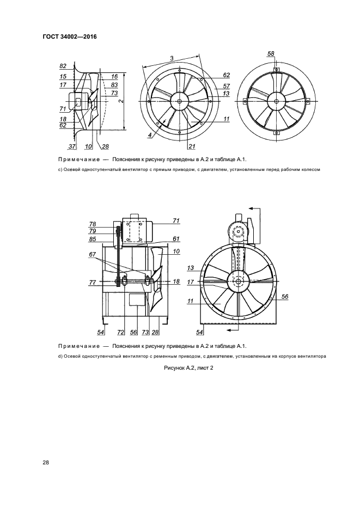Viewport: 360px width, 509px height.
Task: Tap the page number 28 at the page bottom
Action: coord(46,463)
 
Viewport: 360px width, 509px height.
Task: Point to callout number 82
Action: coord(63,66)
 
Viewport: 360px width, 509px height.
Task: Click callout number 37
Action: coord(71,146)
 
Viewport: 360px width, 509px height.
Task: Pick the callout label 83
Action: coord(114,85)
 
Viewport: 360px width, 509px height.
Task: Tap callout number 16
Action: coord(114,76)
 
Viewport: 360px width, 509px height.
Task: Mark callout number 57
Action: coord(226,85)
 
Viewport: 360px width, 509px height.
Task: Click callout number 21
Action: coord(192,146)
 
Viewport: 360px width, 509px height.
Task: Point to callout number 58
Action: coord(271,53)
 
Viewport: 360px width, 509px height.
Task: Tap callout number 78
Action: coord(92,224)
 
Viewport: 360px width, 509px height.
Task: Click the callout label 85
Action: coord(92,238)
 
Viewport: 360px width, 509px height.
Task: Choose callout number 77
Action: coord(92,282)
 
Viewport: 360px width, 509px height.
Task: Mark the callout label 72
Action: coord(120,332)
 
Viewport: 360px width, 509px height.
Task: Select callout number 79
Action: coord(92,231)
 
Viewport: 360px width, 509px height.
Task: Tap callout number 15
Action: coord(63,77)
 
